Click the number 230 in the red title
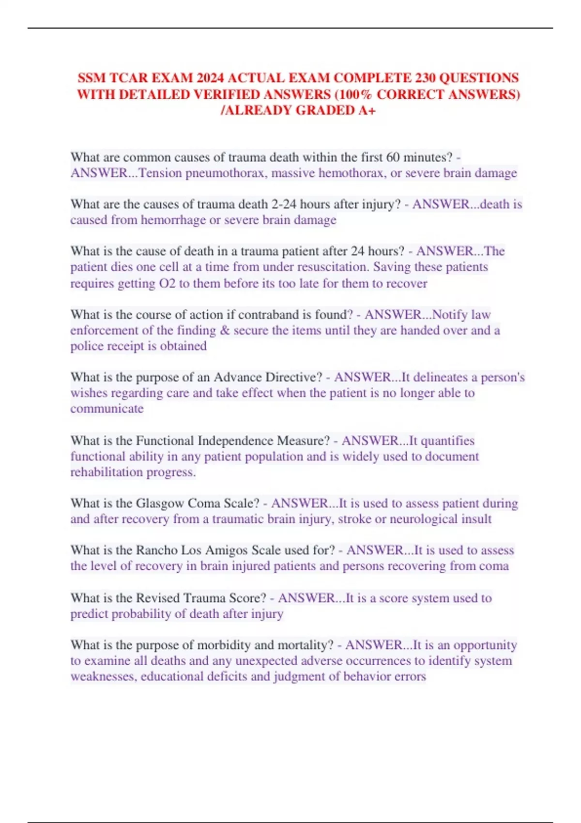(x=422, y=78)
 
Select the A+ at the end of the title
(x=367, y=110)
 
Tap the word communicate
(x=107, y=409)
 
